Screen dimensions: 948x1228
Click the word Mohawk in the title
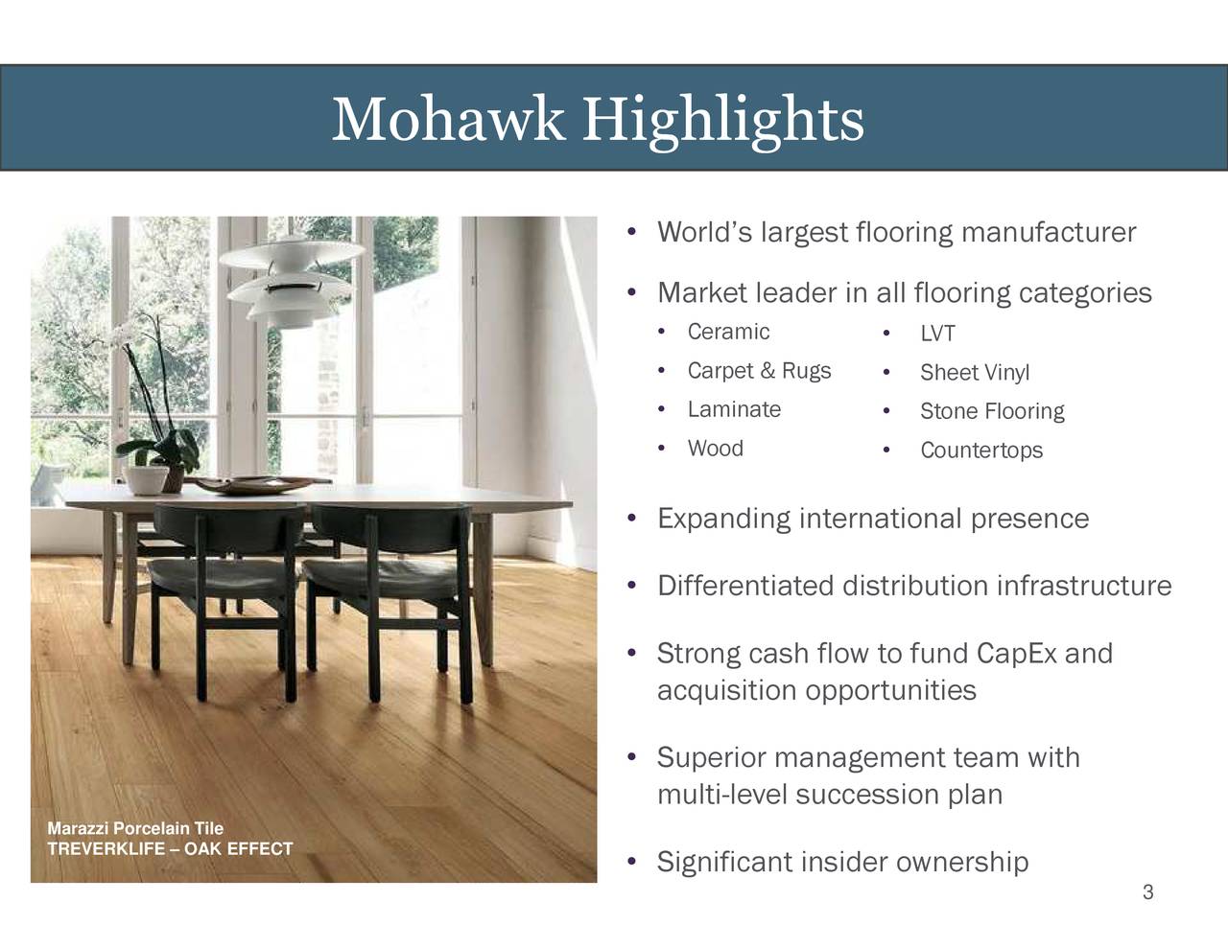pyautogui.click(x=447, y=121)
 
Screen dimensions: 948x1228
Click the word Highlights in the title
pyautogui.click(x=725, y=121)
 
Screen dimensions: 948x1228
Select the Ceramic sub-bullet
pyautogui.click(x=728, y=332)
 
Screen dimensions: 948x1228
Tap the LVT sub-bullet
pyautogui.click(x=937, y=334)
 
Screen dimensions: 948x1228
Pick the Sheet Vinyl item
pyautogui.click(x=974, y=373)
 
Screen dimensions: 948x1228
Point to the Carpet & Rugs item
pyautogui.click(x=759, y=371)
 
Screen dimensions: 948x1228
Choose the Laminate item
pyautogui.click(x=734, y=410)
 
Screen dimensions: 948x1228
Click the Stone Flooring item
pyautogui.click(x=992, y=412)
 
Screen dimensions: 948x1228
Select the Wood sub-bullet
pyautogui.click(x=715, y=449)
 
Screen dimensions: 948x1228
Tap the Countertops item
pyautogui.click(x=980, y=451)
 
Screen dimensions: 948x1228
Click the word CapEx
pyautogui.click(x=1016, y=654)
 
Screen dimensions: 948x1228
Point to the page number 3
pyautogui.click(x=1147, y=893)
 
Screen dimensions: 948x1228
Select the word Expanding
pyautogui.click(x=723, y=520)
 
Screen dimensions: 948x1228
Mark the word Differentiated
pyautogui.click(x=744, y=586)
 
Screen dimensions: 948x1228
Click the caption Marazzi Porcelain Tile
pyautogui.click(x=135, y=828)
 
